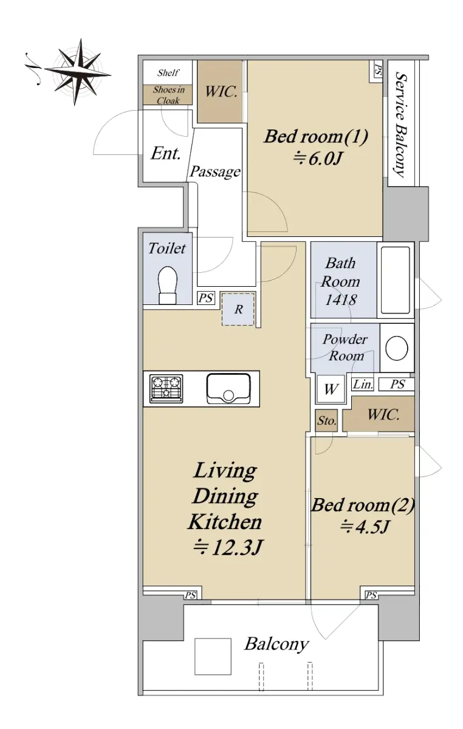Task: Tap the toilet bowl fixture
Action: click(168, 285)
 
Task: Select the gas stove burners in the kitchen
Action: click(166, 388)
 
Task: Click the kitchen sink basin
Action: click(228, 388)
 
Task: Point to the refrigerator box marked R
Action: click(238, 309)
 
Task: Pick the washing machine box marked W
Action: click(331, 389)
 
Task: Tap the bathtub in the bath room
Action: click(396, 280)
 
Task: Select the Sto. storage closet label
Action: click(326, 421)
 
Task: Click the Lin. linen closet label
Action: click(363, 385)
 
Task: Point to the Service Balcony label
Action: click(402, 125)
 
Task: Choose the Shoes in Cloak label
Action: click(169, 95)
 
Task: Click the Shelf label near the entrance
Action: click(168, 72)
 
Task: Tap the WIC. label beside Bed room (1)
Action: click(221, 92)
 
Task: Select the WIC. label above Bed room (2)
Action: click(383, 414)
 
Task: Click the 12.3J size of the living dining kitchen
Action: click(228, 548)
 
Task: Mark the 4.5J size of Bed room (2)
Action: click(365, 527)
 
